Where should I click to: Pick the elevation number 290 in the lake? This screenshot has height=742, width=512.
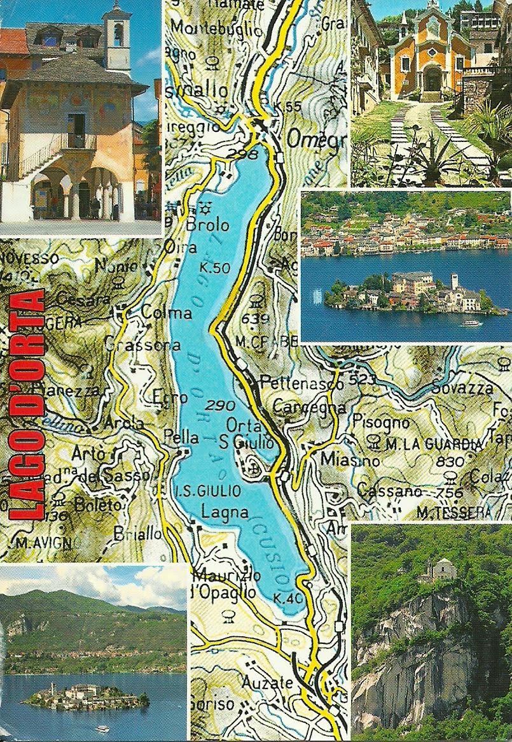(221, 405)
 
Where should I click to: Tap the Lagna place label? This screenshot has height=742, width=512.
(214, 511)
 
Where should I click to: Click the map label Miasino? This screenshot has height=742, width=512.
(341, 460)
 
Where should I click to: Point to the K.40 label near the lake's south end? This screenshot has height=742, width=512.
(286, 597)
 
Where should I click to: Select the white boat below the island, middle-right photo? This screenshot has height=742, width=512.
(472, 323)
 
